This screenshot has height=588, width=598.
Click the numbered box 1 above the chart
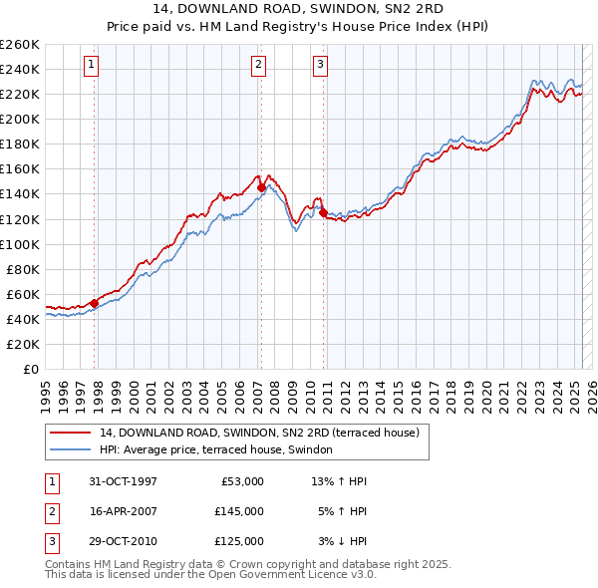point(91,66)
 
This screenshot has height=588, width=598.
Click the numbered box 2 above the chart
point(258,66)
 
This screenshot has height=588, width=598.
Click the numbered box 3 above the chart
point(321,66)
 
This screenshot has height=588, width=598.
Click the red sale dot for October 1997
point(95,303)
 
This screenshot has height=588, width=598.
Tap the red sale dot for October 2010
point(324,212)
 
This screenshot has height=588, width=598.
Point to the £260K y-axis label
point(19,45)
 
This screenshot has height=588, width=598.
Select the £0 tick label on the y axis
point(29,369)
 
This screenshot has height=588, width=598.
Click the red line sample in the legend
point(70,433)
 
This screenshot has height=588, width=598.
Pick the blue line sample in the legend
point(70,449)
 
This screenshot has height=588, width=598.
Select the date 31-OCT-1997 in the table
point(123,481)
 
